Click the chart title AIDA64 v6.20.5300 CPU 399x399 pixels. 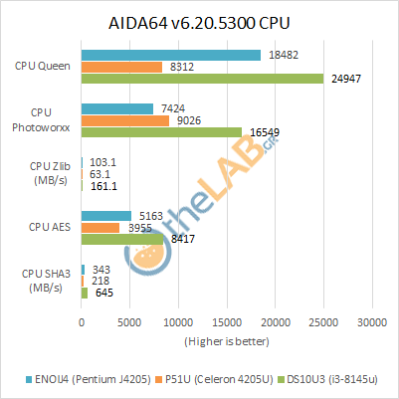point(199,23)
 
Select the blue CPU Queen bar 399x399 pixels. point(171,55)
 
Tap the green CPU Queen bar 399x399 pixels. point(202,79)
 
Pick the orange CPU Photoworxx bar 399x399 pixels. point(125,120)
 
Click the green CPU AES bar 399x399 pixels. point(122,239)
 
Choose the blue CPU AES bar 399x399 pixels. point(106,216)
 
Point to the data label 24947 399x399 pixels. point(346,79)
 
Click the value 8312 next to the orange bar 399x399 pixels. point(182,67)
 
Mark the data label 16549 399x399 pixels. point(265,132)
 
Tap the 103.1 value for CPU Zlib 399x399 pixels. point(103,162)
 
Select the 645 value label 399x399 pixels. point(104,293)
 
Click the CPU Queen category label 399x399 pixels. point(43,66)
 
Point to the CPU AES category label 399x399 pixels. point(50,227)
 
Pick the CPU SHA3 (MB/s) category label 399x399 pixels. point(46,281)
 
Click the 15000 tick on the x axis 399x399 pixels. point(227,322)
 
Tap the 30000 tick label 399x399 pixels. point(372,322)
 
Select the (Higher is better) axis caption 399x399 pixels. point(227,341)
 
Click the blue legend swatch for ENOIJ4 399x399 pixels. point(29,379)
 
